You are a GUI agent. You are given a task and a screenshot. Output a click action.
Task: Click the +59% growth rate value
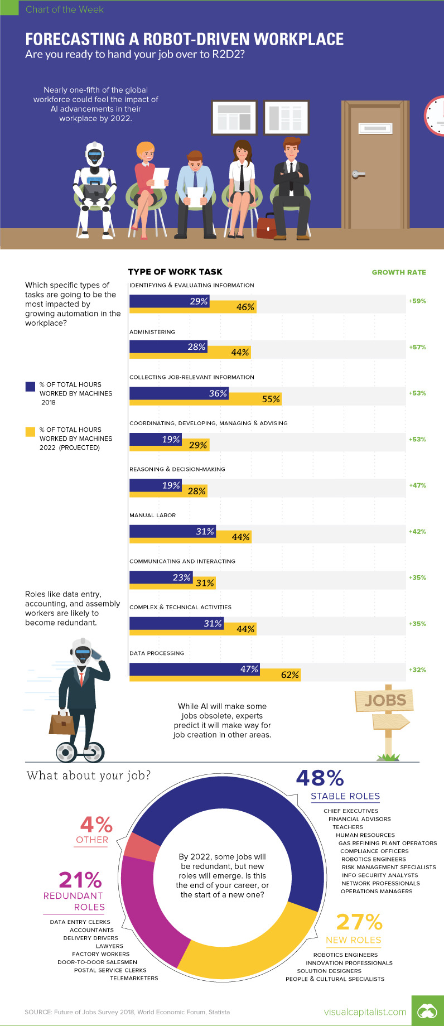point(417,301)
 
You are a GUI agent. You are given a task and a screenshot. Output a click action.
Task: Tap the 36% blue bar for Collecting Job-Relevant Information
point(179,393)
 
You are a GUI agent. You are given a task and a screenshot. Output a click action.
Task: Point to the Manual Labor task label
point(152,516)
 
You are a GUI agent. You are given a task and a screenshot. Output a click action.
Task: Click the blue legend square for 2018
point(30,387)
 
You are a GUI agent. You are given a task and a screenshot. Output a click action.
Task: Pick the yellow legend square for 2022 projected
point(30,432)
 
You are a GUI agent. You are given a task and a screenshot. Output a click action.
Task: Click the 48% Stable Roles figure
point(320,778)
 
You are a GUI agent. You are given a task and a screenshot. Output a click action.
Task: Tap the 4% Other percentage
point(96,825)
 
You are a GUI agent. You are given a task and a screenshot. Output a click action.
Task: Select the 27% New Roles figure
point(359,922)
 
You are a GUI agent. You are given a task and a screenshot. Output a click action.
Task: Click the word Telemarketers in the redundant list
point(134,978)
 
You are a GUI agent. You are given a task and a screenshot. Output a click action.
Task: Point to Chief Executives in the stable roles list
point(351,811)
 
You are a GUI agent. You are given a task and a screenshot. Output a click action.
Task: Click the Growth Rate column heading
point(399,273)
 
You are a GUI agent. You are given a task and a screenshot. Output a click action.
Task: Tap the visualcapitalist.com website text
point(365,1011)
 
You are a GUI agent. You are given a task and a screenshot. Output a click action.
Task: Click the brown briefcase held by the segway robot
point(61,724)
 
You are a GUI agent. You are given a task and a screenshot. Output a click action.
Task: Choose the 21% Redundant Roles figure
point(80,880)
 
